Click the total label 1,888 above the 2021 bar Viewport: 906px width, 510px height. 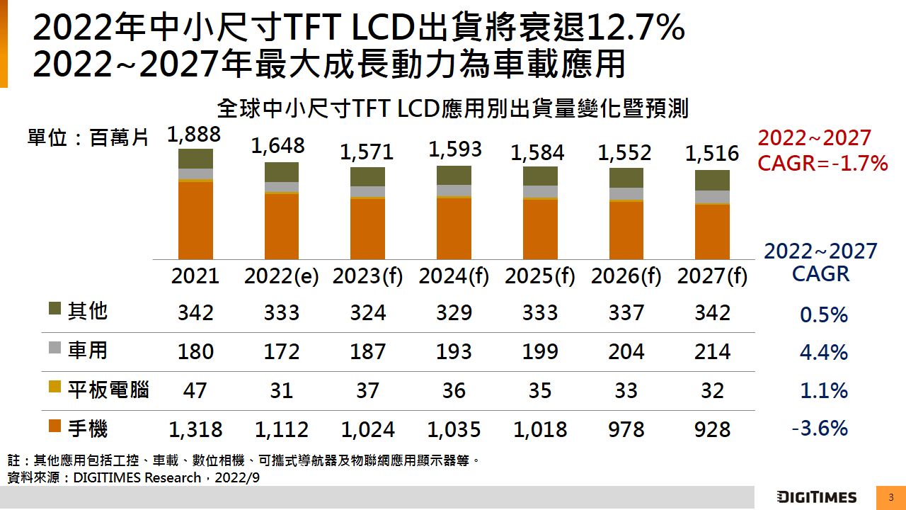195,135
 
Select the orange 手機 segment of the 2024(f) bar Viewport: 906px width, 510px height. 454,228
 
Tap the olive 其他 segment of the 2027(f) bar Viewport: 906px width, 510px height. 712,180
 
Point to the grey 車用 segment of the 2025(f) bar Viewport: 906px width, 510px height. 540,191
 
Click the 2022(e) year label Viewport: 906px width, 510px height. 282,276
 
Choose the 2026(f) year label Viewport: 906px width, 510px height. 626,276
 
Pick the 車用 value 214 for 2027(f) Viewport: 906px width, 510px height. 712,352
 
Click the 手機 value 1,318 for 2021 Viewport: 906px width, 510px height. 195,429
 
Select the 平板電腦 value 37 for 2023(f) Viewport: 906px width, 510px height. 368,391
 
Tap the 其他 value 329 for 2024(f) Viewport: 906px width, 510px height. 454,313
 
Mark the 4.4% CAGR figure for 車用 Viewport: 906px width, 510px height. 823,353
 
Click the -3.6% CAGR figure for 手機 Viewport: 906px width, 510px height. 820,429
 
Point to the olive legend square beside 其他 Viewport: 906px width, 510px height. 55,310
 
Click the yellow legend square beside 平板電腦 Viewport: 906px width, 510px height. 55,387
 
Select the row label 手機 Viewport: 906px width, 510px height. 88,428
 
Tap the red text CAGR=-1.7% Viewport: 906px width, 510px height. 822,164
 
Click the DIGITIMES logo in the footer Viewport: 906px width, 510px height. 816,497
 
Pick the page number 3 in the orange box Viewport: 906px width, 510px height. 891,497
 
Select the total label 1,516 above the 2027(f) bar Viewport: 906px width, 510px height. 712,154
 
